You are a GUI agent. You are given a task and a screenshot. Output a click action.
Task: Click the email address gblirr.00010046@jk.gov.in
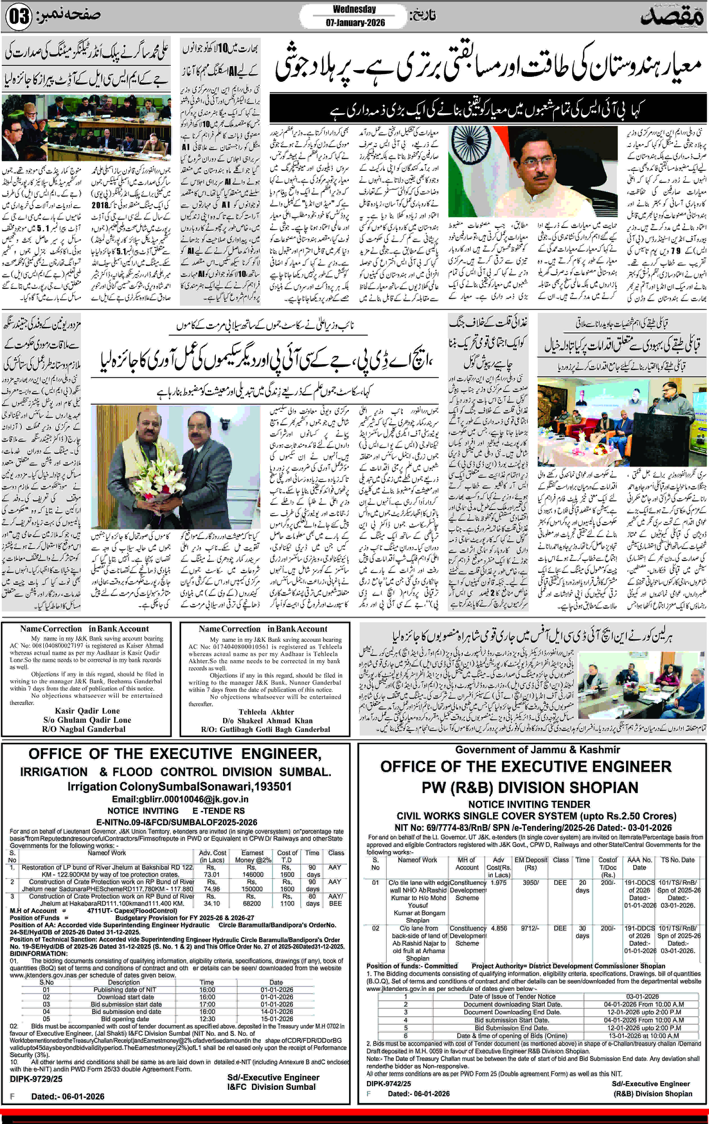coord(180,799)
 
